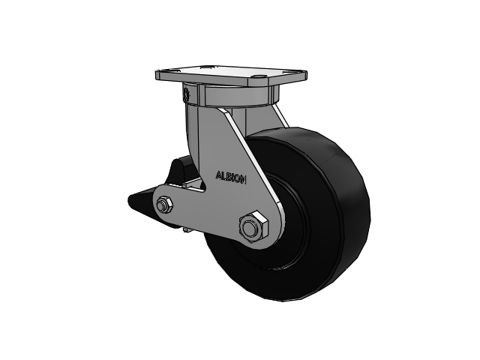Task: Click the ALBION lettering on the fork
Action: coord(231,177)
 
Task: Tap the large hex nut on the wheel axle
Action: coord(253,227)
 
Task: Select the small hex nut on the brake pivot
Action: coord(164,204)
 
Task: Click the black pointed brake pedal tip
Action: coord(135,200)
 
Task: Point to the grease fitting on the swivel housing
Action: coord(185,94)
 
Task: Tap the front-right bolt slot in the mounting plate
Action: coord(259,76)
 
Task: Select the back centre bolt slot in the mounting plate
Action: coord(205,67)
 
